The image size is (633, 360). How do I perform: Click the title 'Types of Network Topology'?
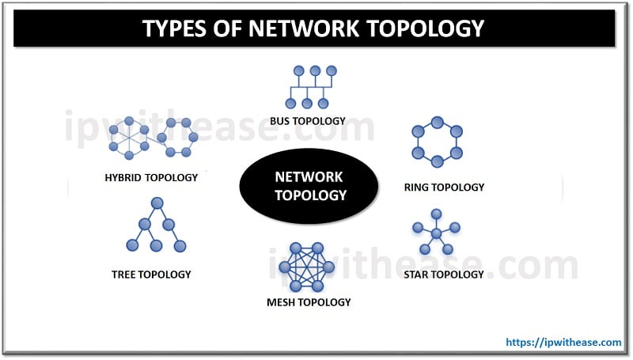[x=313, y=28]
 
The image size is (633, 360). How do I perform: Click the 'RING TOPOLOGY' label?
[x=443, y=188]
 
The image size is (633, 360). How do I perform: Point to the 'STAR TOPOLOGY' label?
[x=443, y=275]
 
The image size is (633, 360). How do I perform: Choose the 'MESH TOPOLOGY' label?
[x=309, y=302]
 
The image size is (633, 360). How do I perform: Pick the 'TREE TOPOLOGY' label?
[x=151, y=275]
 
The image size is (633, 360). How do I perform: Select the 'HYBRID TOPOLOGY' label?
[x=151, y=177]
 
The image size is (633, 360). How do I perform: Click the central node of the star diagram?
[x=435, y=233]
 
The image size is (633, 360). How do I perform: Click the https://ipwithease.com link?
[x=563, y=342]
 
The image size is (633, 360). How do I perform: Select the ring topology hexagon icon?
[x=437, y=142]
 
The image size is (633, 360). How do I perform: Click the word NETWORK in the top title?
[x=306, y=28]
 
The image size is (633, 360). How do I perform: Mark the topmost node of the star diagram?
[x=436, y=214]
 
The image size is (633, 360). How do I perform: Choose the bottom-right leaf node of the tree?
[x=180, y=246]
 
